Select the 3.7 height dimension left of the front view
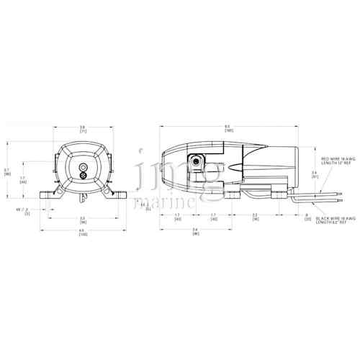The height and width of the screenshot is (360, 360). [6, 172]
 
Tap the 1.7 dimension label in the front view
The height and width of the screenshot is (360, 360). [22, 179]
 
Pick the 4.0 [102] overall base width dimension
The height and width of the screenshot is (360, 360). [83, 233]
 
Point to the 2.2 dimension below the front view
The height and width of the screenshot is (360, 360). [83, 220]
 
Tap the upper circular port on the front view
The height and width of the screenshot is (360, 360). [83, 164]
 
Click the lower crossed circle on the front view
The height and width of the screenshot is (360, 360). [83, 175]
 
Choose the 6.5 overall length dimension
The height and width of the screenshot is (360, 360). [229, 128]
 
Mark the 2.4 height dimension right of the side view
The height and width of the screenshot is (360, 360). [314, 174]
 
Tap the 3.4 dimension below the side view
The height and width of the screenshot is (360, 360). [195, 232]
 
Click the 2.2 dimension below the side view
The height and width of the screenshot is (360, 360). [255, 217]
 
